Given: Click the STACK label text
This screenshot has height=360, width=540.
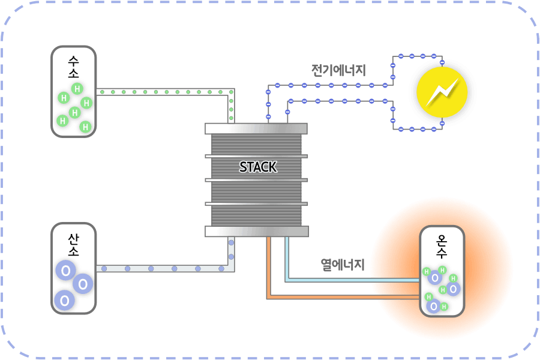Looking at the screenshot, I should [258, 167].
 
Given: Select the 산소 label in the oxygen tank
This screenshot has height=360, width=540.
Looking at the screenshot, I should [73, 245].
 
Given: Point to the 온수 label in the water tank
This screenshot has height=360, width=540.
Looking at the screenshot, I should [442, 248].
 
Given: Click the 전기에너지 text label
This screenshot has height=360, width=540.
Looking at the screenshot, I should [338, 70].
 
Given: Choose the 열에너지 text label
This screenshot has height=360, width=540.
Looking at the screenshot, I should [342, 264].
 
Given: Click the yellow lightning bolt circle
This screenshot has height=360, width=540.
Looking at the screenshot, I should [442, 92].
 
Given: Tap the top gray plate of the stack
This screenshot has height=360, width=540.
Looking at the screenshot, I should [256, 128].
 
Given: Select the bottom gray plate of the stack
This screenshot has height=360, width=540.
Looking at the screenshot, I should [257, 232].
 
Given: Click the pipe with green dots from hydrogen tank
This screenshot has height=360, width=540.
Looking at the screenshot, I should [162, 92].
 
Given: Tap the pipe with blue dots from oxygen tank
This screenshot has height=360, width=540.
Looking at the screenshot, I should [162, 268].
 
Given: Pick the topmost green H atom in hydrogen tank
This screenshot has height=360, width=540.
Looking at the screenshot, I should [77, 89].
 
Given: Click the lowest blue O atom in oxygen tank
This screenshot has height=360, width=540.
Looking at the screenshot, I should [63, 299].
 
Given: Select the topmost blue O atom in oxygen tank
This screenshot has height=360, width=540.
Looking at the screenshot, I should [64, 271].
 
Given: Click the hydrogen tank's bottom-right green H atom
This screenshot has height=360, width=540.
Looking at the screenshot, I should [85, 127].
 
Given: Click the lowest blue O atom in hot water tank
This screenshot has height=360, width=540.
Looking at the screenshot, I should [433, 306].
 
